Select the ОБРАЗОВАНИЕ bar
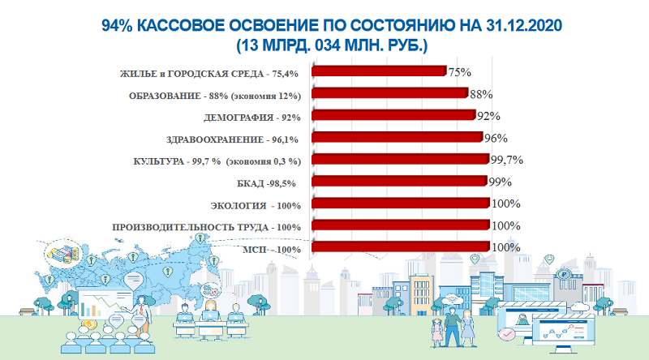coord(389,93)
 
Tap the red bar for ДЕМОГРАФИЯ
coord(393,115)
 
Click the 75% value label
coord(460,72)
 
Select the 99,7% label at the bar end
coord(506,160)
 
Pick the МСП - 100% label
coord(272,249)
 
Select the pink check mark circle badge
coord(508,333)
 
